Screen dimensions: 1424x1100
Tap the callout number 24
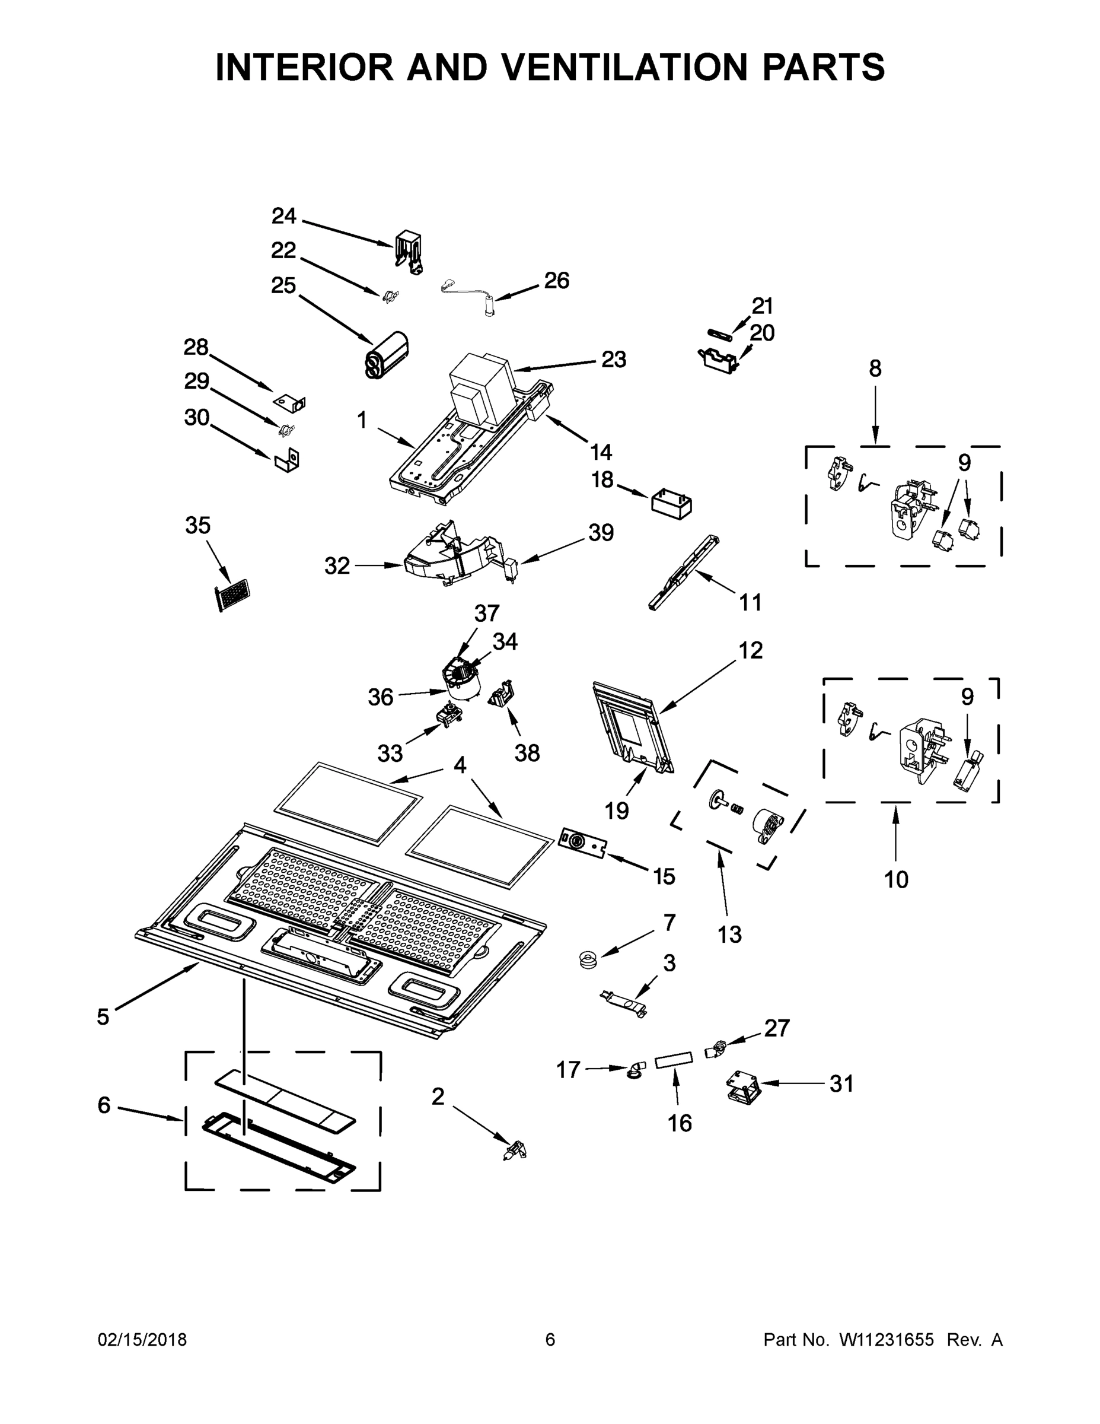click(283, 216)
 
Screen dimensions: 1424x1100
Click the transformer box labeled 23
click(480, 387)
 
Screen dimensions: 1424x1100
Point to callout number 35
click(198, 526)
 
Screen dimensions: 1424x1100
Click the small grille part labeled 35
click(234, 594)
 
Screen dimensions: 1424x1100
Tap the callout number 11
click(750, 602)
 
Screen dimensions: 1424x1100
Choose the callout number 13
click(730, 935)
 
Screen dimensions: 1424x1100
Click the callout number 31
click(841, 1083)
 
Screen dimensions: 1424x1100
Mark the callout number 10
click(896, 879)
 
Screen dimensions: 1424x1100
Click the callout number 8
click(875, 369)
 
